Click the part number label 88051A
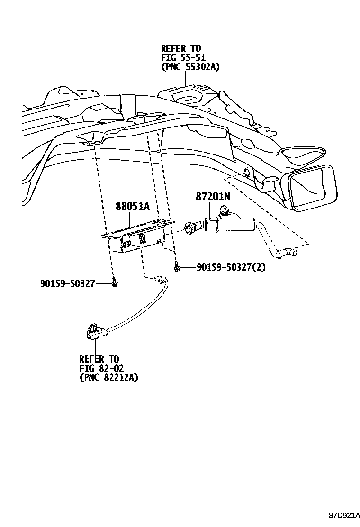132,206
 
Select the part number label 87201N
213,196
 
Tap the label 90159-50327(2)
231,267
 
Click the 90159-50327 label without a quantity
68,283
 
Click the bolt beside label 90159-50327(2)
177,268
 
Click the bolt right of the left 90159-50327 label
114,283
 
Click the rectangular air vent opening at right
313,187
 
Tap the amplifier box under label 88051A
137,239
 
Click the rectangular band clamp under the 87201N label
212,224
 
